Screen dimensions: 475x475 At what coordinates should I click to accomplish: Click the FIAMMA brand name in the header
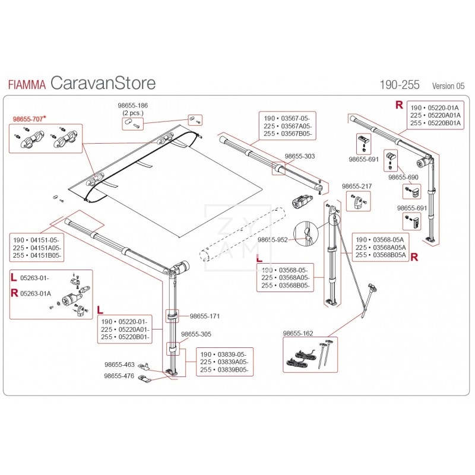tap(27, 84)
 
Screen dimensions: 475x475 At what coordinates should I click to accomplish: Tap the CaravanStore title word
tap(103, 83)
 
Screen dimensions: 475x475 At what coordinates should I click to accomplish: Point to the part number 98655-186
tap(134, 105)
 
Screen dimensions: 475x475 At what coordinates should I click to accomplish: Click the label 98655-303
tap(300, 156)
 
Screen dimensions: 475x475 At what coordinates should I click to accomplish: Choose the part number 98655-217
tap(357, 186)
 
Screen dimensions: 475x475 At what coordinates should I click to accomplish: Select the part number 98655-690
tap(403, 177)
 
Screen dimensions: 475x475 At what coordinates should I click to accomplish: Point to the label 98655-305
tap(195, 334)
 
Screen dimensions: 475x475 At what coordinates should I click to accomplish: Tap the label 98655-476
tap(119, 376)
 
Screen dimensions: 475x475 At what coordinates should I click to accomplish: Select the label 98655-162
tap(299, 334)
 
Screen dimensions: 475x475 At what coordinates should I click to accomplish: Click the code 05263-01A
tap(36, 293)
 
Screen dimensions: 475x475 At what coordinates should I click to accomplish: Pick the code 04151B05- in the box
tap(46, 255)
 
